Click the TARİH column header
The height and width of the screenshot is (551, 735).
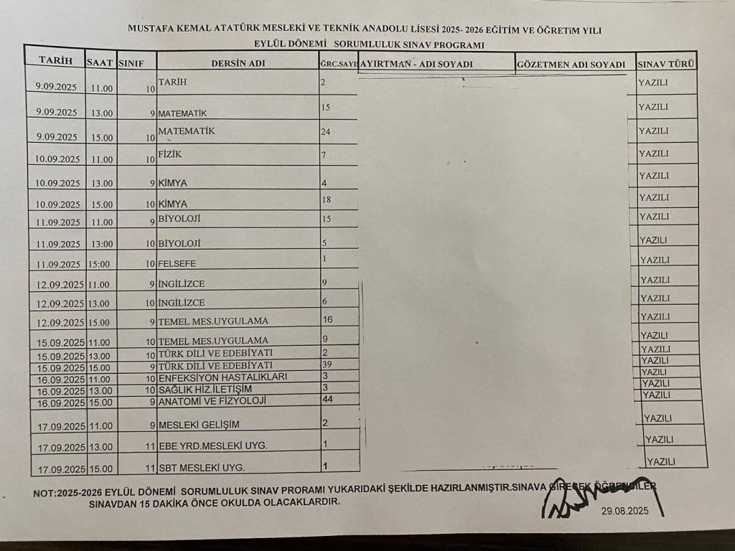[x=55, y=61]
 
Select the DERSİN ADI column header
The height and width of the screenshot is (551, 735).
[x=238, y=63]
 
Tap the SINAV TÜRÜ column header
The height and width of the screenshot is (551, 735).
[x=665, y=64]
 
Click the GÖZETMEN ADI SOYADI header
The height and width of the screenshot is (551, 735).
[x=571, y=65]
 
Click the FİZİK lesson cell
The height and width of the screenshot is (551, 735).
[x=170, y=154]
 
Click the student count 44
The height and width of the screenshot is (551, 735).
[x=328, y=399]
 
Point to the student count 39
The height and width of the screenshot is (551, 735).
[x=327, y=364]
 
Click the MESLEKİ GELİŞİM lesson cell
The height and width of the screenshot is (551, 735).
[x=199, y=424]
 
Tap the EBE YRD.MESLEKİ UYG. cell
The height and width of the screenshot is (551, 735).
[x=212, y=446]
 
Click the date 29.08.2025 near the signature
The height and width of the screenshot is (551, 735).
[x=625, y=512]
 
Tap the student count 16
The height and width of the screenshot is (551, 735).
[x=327, y=319]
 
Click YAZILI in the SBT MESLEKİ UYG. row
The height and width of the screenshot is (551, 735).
[x=661, y=461]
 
